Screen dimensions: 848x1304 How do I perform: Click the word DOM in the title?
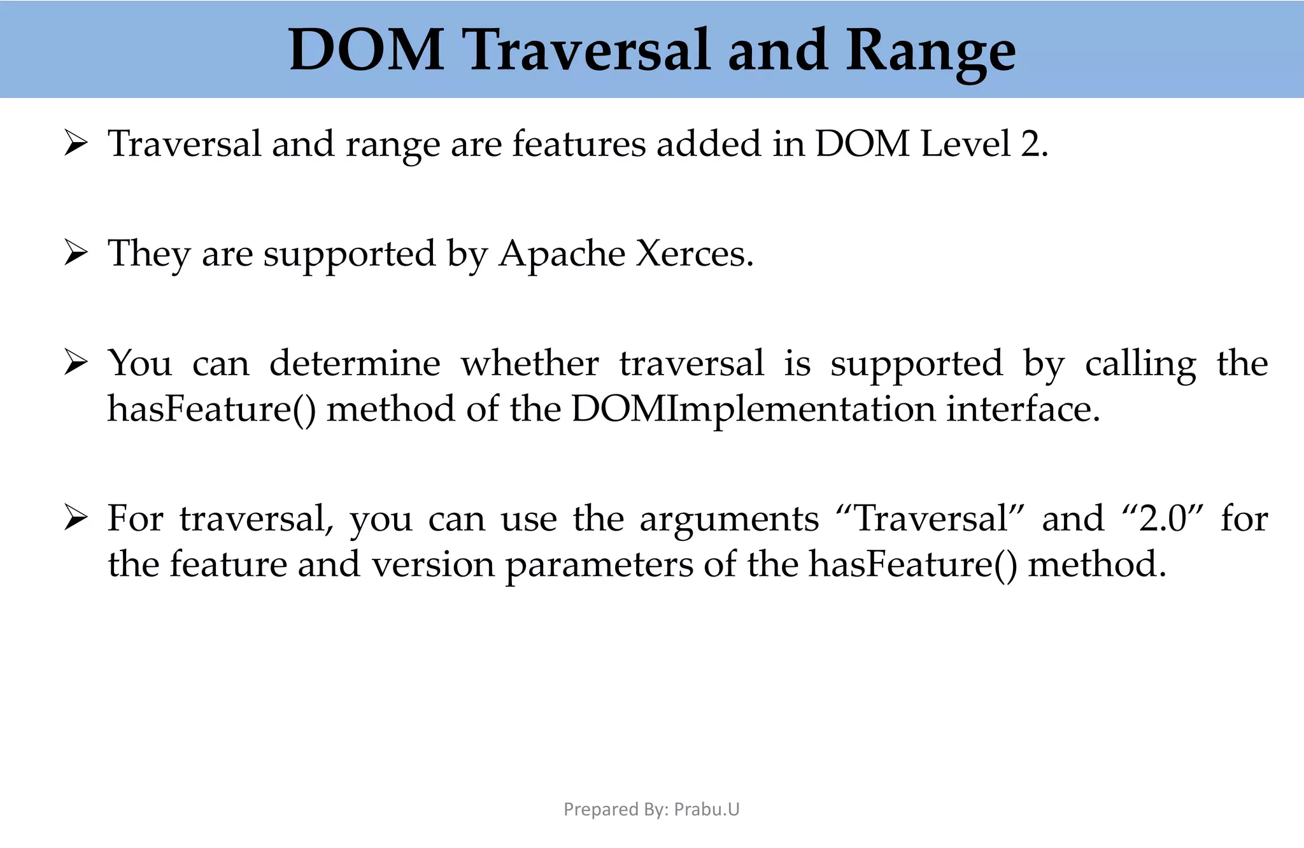coord(366,50)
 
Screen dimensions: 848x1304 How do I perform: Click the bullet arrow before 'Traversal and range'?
coord(76,144)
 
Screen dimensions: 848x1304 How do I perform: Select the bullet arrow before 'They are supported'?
coord(76,254)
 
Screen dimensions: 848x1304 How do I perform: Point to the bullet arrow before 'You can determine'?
coord(76,363)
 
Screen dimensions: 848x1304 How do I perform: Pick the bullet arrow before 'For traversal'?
coord(76,519)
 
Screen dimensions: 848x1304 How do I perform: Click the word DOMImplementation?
coord(753,409)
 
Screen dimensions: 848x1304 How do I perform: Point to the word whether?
coord(530,363)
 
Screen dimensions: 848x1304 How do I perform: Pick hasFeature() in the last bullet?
coord(913,564)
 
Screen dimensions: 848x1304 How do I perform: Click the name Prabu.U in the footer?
coord(707,809)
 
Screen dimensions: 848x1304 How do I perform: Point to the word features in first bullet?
coord(579,144)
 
